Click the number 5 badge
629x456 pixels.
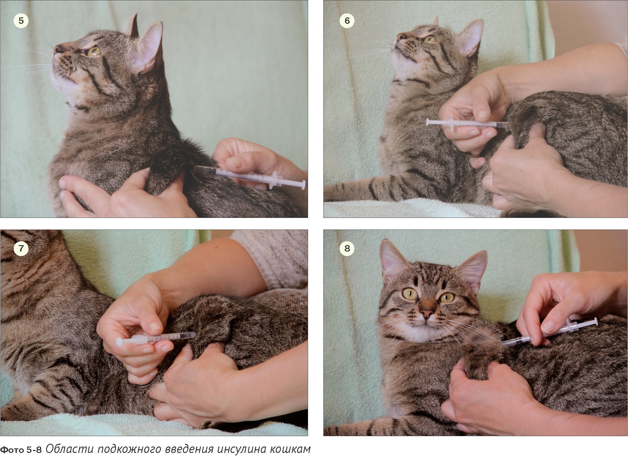(21, 20)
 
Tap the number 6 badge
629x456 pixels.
(347, 20)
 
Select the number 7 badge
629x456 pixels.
(21, 248)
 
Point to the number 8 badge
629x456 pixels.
(347, 248)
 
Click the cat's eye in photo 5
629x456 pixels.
(94, 51)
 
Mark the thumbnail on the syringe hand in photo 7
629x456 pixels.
(156, 325)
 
